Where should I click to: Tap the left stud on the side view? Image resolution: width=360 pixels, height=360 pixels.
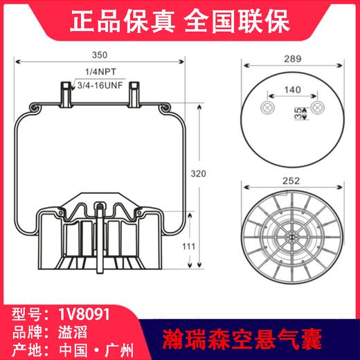(64, 91)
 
